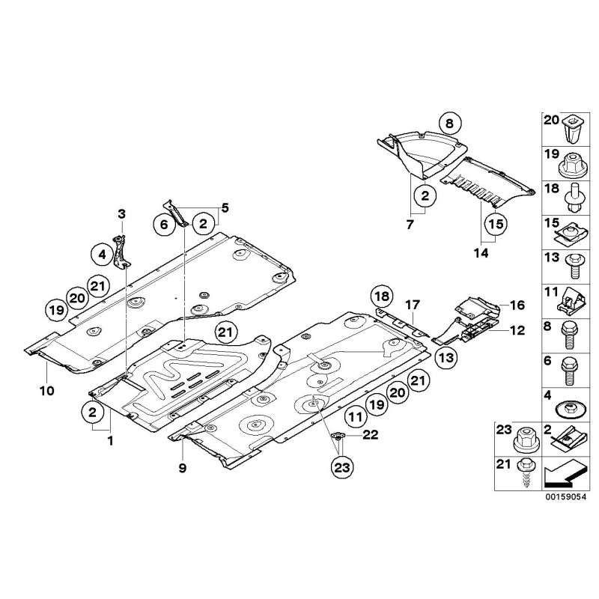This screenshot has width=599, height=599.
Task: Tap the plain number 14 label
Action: tap(480, 254)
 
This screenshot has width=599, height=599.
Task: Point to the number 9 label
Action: tap(182, 469)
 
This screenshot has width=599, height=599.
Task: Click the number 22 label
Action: tap(369, 434)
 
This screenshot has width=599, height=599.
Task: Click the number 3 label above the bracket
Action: tap(121, 216)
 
